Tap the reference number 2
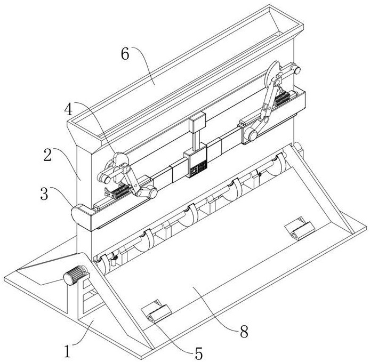coord(47,155)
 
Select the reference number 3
coord(44,194)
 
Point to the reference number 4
coord(69,109)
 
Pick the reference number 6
coord(125,53)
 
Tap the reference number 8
coord(244,331)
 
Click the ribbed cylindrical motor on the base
coord(75,275)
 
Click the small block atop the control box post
coord(197,123)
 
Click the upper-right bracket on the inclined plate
coord(300,228)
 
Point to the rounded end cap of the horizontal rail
coord(80,215)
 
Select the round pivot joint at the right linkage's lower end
coord(251,135)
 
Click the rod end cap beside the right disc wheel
coord(296,70)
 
